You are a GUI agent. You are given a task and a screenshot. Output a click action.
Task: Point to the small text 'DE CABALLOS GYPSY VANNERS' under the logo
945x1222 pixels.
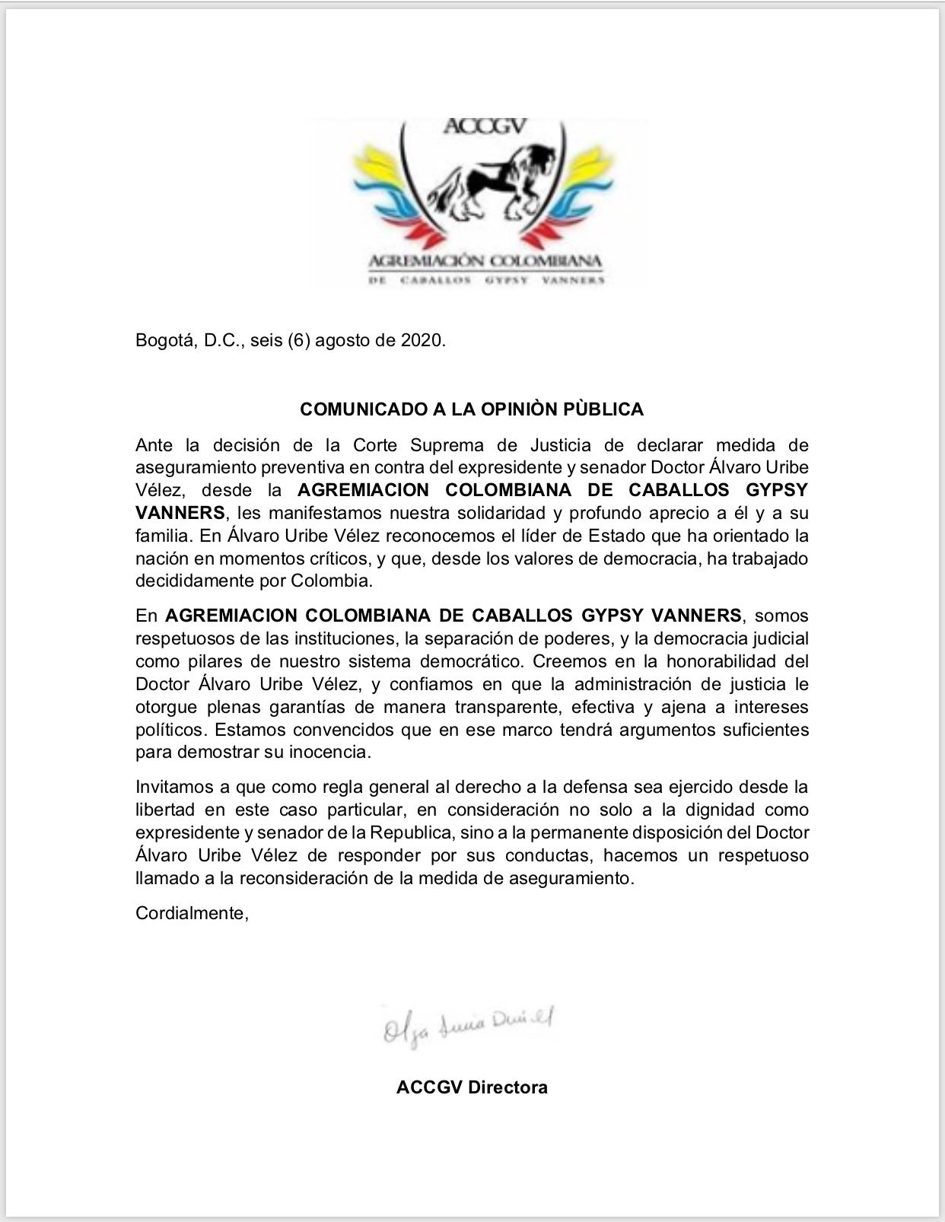pyautogui.click(x=485, y=280)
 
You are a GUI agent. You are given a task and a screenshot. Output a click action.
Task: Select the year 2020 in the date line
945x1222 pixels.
pyautogui.click(x=422, y=340)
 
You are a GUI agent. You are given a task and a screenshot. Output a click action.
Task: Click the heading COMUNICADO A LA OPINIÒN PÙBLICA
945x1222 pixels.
pyautogui.click(x=472, y=409)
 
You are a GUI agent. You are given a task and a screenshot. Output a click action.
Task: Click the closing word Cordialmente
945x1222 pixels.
pyautogui.click(x=190, y=913)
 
